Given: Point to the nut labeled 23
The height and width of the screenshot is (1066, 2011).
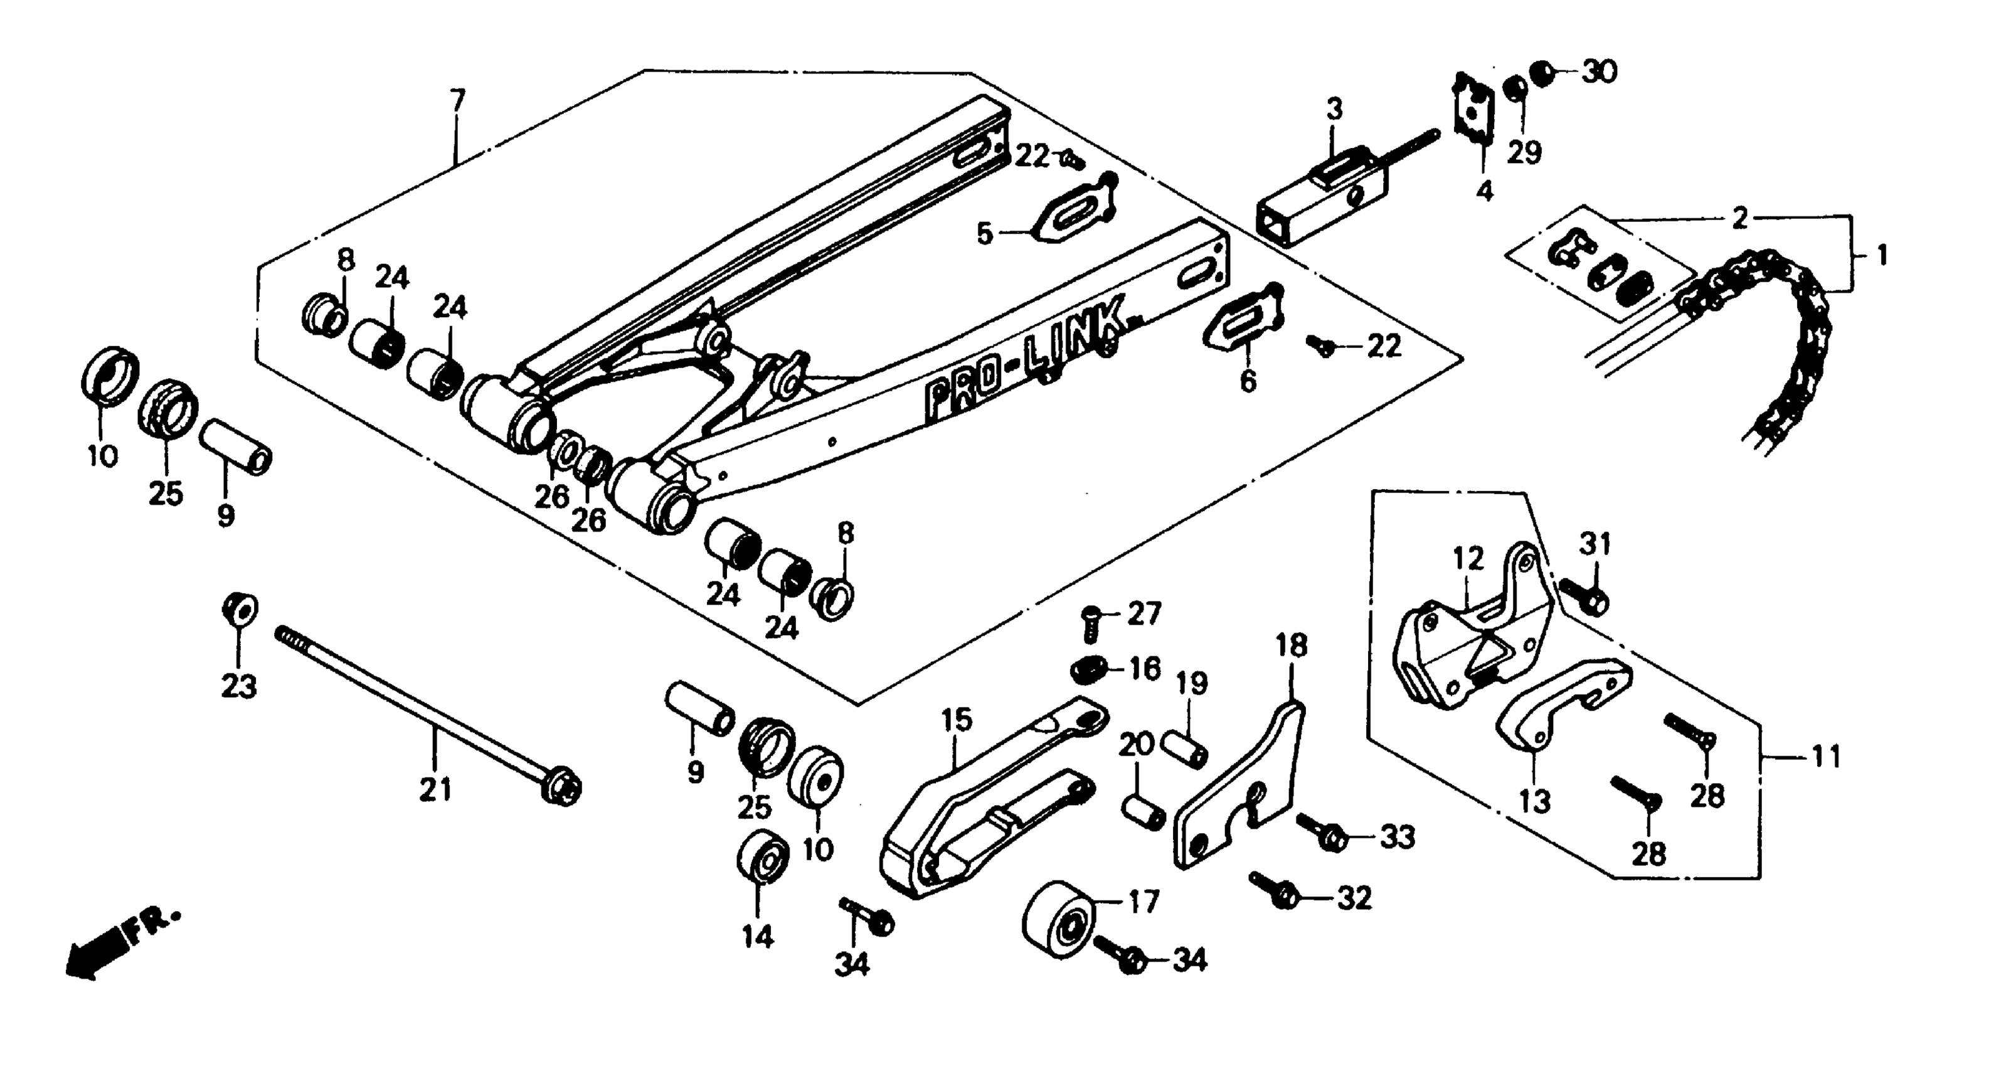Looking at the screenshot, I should pos(240,609).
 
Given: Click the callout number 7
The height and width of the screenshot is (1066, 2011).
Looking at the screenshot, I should pos(457,101).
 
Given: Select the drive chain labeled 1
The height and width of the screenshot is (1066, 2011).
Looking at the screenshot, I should pos(1788,344).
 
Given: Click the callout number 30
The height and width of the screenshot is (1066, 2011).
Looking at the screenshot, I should pos(1600,73).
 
